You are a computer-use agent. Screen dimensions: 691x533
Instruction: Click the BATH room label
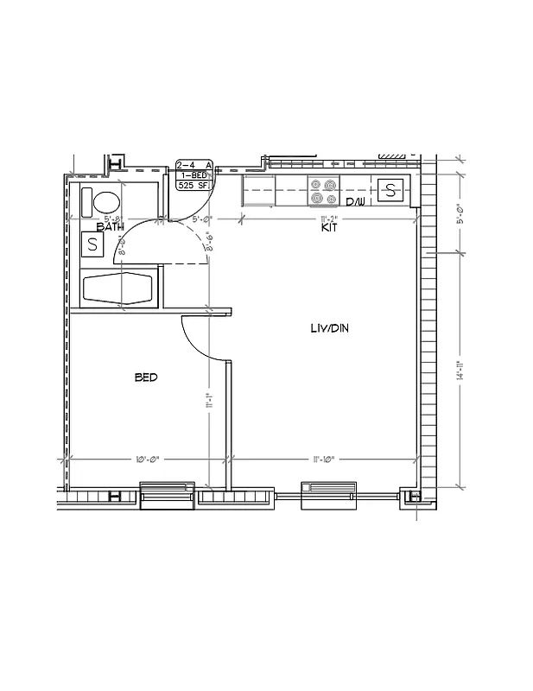[110, 227]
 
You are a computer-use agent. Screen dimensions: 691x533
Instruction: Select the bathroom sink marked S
[92, 244]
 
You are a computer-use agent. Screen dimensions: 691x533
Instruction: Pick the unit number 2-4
[184, 165]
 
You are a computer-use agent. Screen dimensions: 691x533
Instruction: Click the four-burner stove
[325, 191]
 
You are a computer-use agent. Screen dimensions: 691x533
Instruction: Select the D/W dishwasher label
[356, 203]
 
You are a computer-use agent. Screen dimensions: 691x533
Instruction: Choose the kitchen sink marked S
[390, 190]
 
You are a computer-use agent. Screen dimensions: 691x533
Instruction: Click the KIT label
[329, 228]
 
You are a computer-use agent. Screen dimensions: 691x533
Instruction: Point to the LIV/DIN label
[329, 328]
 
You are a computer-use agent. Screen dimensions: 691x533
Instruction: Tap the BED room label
[146, 377]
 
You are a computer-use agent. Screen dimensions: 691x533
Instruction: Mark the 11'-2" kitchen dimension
[328, 219]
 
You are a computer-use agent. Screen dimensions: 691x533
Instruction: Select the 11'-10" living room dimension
[328, 459]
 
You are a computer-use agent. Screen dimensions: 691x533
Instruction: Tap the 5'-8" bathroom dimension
[113, 219]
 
